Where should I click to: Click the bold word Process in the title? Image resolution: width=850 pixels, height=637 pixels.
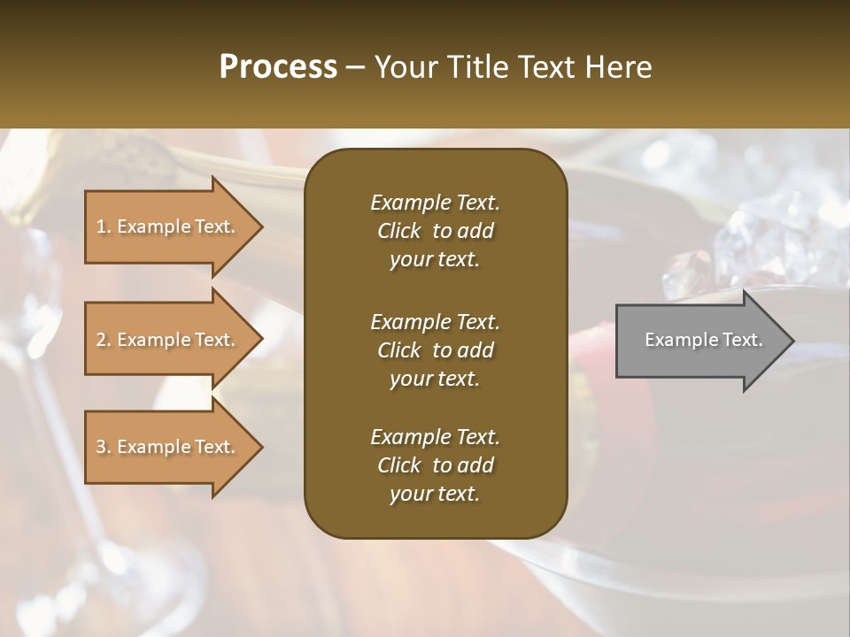278,67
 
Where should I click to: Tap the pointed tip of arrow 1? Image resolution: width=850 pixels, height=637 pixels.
260,226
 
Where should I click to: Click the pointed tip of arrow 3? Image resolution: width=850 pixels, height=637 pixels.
260,447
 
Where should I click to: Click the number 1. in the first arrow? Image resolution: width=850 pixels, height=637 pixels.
104,226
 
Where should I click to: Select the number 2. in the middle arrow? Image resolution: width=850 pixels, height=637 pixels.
104,340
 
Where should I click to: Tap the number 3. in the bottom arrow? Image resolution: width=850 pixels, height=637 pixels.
104,447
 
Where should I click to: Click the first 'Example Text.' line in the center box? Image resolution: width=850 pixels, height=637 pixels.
435,203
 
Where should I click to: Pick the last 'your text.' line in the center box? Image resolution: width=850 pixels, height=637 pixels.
435,494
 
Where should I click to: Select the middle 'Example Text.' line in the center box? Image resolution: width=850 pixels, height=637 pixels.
435,322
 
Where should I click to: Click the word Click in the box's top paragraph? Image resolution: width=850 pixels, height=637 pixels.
399,231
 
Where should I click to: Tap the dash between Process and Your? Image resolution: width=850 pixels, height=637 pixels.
356,67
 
